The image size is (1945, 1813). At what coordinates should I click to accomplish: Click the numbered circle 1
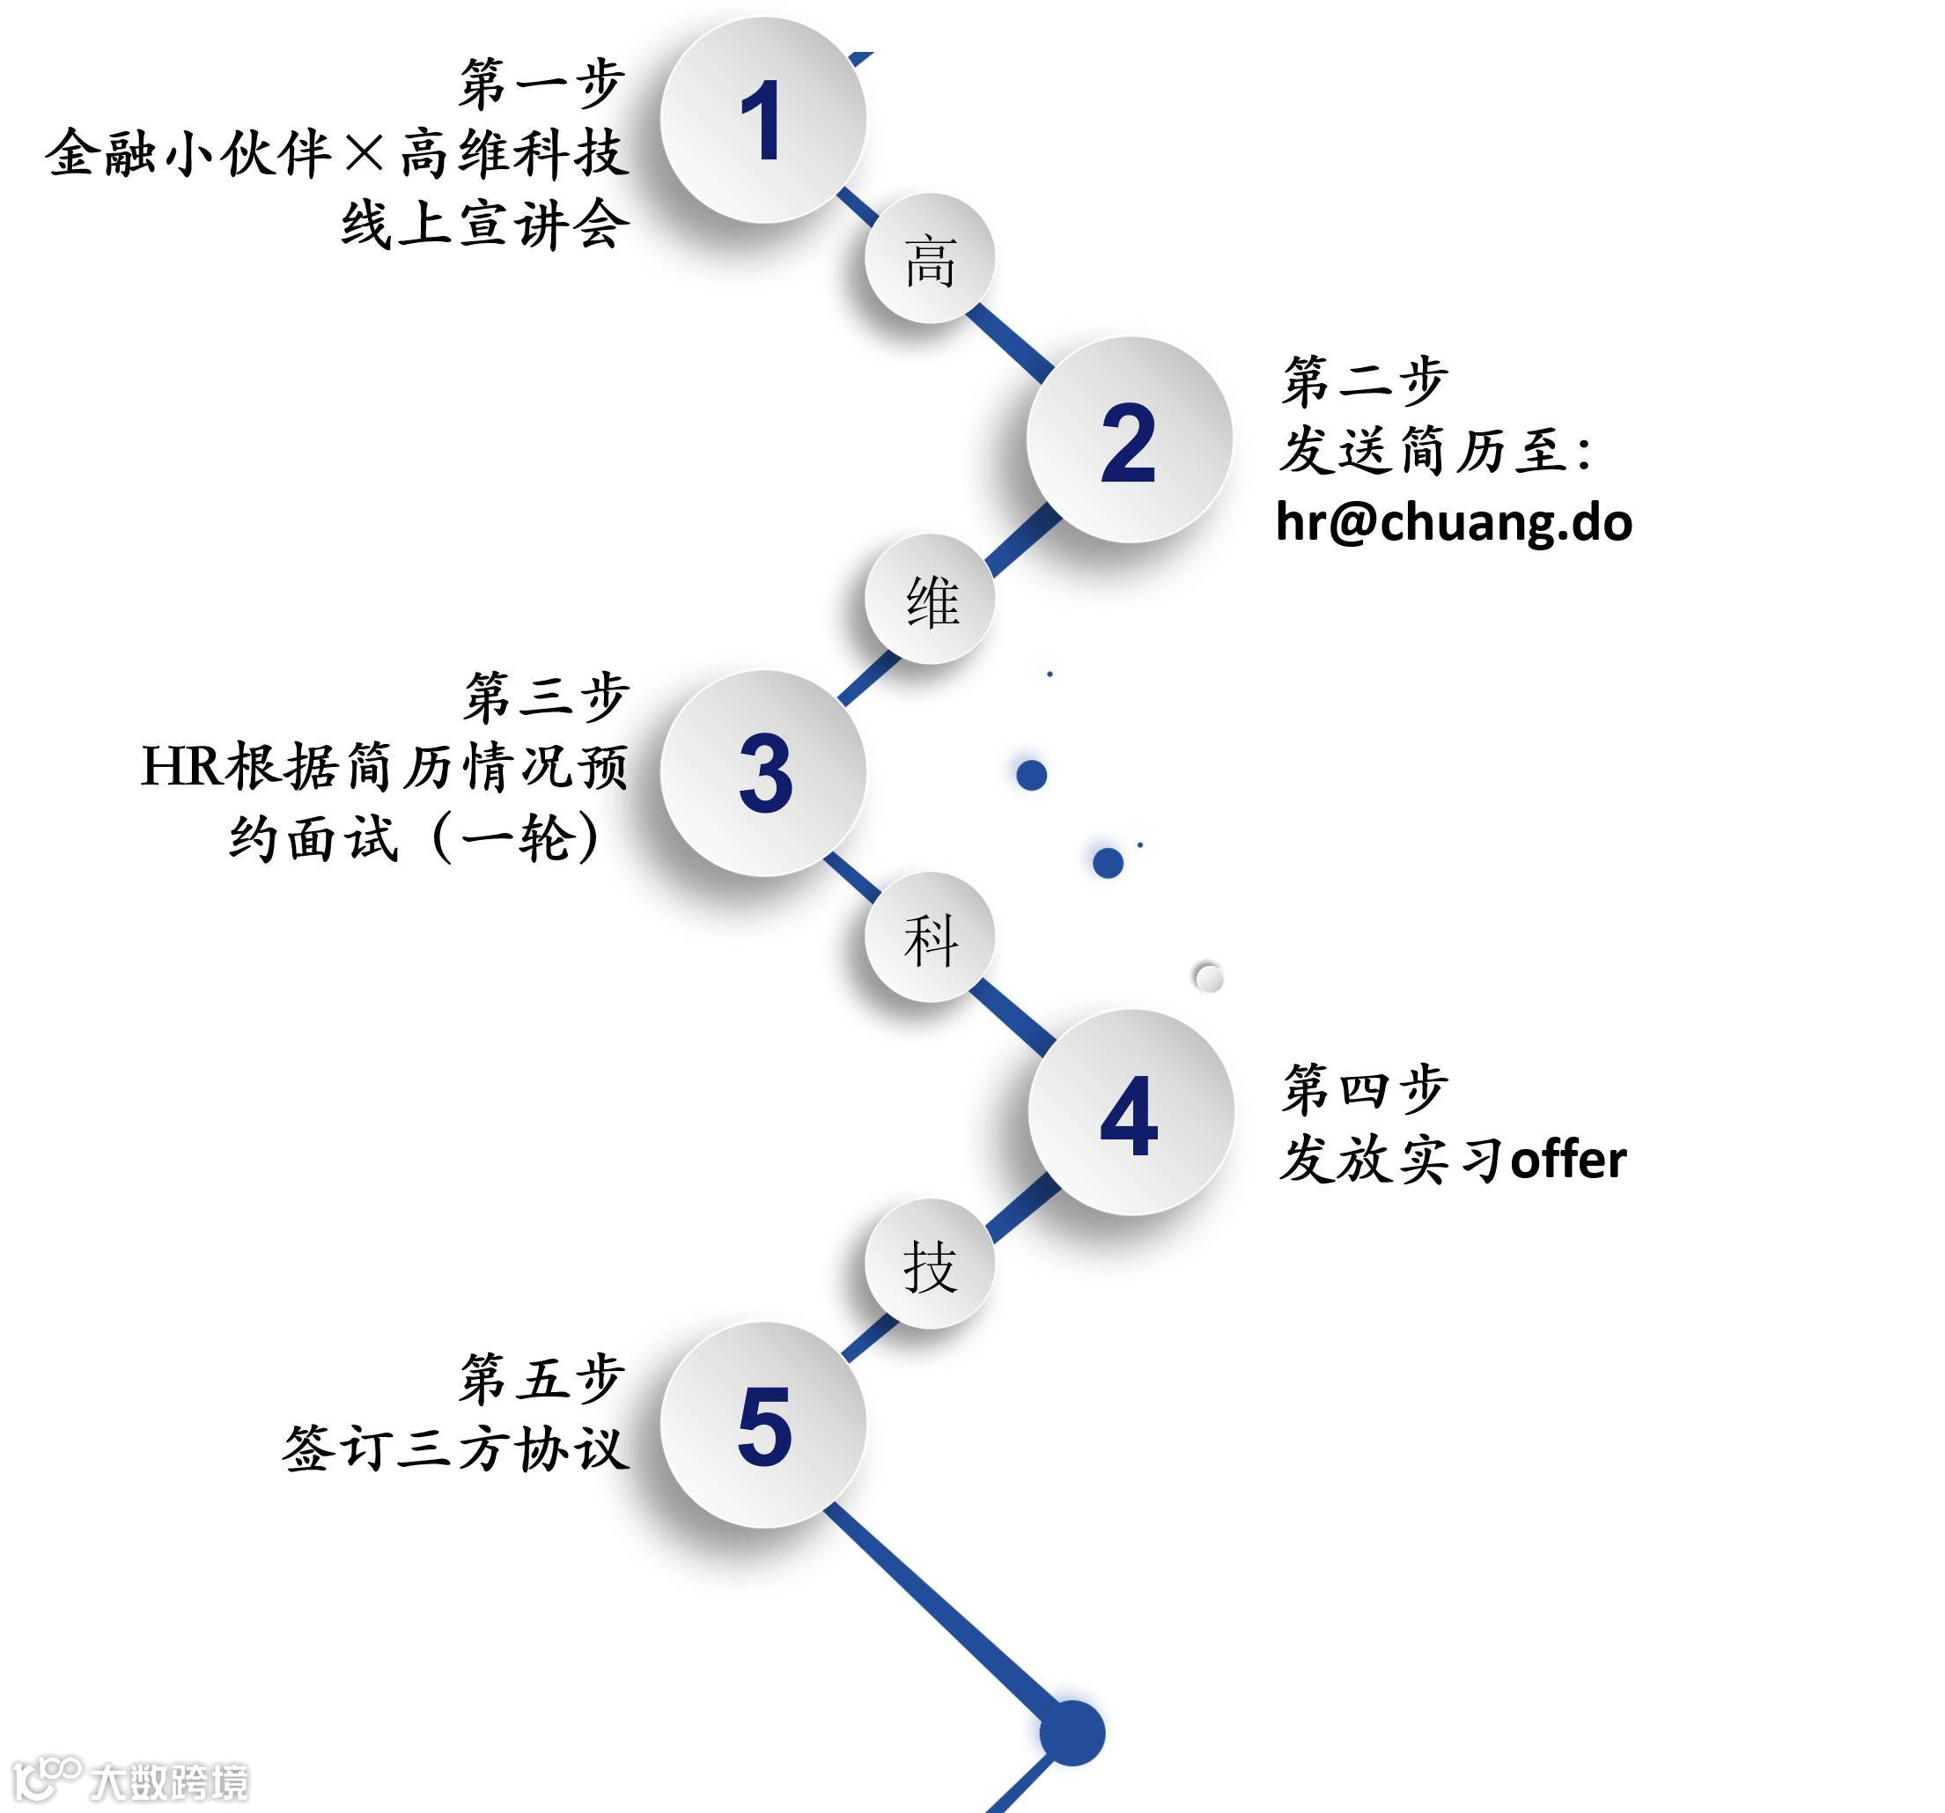(x=763, y=121)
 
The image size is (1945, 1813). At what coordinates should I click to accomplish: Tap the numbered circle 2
(x=1128, y=440)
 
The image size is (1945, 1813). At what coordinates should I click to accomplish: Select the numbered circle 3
(x=763, y=773)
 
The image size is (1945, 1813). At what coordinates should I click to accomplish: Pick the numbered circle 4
(x=1130, y=1112)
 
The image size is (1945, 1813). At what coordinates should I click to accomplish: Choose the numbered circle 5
(x=763, y=1425)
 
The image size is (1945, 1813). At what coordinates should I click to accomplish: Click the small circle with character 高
(x=930, y=259)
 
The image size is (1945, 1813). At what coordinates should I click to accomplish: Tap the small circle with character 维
(x=930, y=599)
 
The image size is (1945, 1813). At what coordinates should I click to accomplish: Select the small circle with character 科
(x=930, y=938)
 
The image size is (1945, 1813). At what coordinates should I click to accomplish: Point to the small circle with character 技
(x=930, y=1264)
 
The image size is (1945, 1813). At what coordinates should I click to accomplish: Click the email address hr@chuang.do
(x=1454, y=521)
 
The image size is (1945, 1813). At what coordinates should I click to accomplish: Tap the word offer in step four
(x=1567, y=1161)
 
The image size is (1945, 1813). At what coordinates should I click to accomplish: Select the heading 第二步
(x=1365, y=380)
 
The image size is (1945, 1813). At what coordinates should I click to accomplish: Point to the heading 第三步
(x=545, y=696)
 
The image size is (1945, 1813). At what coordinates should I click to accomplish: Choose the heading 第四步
(x=1365, y=1088)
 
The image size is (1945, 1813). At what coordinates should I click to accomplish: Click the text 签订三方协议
(x=455, y=1448)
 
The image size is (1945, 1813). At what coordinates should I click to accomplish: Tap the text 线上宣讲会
(x=484, y=224)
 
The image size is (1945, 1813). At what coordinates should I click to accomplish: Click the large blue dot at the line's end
(x=1072, y=1733)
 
